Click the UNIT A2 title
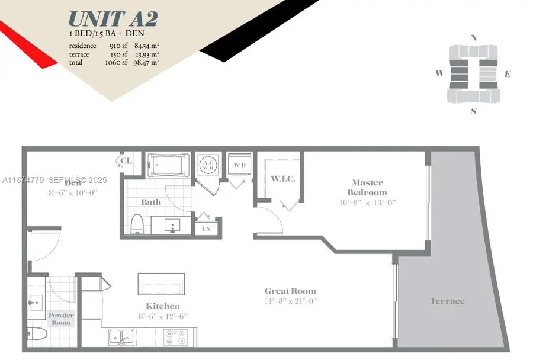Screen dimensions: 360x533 113,19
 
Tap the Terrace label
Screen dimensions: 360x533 447,301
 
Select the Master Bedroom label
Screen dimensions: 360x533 367,187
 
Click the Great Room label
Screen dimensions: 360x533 290,291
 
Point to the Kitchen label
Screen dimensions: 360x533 163,306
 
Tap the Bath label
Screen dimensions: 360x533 151,202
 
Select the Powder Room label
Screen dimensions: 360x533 61,319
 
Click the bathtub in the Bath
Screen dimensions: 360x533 168,165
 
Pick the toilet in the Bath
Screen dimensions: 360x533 137,224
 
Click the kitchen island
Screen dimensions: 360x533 161,284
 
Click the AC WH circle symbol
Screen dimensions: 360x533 208,165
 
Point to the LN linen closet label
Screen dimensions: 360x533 207,229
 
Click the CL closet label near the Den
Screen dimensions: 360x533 126,160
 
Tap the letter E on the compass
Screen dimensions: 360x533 508,75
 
